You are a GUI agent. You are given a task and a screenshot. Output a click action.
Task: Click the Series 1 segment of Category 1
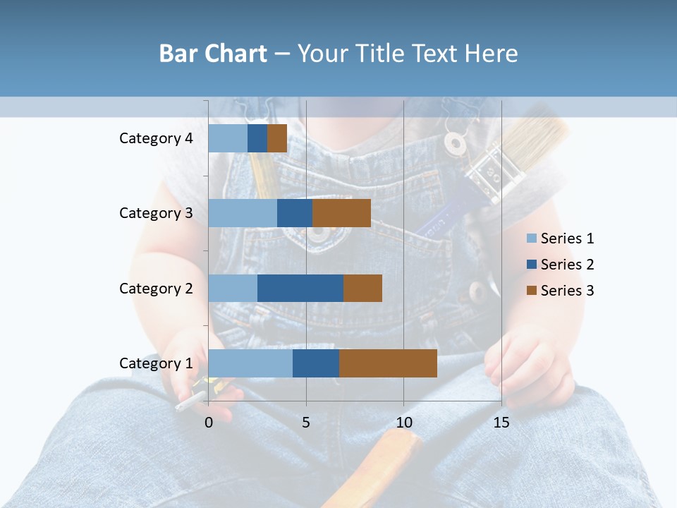pos(250,363)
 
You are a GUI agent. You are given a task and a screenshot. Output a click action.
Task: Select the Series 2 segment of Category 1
pos(316,363)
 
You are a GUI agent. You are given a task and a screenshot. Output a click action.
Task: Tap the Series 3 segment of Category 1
pos(388,363)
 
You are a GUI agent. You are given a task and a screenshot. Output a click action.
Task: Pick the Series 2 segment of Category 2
pos(300,288)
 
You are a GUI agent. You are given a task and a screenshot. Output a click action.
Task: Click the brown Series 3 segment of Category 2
pos(362,288)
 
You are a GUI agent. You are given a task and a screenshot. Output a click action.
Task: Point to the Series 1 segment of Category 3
pos(243,213)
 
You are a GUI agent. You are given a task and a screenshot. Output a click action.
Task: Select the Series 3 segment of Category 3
pos(341,213)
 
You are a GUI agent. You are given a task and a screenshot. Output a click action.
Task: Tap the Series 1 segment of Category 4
pos(228,138)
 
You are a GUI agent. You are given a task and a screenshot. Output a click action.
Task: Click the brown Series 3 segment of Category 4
pos(277,138)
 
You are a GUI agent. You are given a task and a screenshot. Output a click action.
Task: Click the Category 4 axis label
pos(156,138)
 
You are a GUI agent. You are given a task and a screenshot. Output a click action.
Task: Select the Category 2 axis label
pos(156,288)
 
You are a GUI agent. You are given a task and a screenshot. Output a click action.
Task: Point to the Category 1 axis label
pos(156,363)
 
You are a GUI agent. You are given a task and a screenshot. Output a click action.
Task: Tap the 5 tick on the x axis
pos(306,423)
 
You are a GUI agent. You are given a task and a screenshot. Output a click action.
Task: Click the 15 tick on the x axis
pos(501,423)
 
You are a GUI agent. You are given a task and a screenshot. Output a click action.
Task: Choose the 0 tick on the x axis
pos(209,423)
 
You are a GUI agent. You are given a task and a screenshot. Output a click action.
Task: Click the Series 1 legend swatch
pos(531,238)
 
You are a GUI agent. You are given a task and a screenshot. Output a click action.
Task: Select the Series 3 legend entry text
pos(567,291)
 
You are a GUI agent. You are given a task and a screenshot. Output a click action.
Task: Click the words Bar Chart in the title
pos(213,54)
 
